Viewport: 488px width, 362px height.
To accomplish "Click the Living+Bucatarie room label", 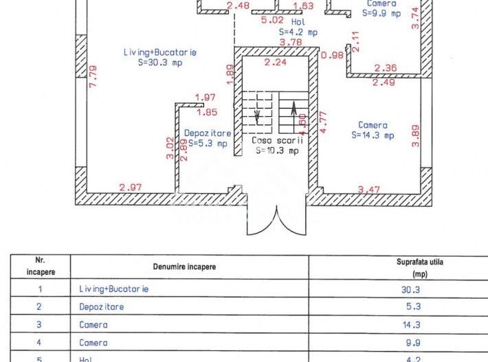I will click(160, 52).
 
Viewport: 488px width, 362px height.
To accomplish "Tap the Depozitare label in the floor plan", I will click(208, 133).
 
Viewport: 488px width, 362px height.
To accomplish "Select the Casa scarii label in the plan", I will click(279, 139).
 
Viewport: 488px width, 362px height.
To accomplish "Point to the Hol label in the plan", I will click(298, 21).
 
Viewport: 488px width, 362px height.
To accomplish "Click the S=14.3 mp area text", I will click(373, 135).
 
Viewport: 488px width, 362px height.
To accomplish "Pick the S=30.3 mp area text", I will click(160, 62).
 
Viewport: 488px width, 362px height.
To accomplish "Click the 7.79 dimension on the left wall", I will click(93, 77).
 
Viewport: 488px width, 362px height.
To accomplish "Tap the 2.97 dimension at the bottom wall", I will click(131, 187).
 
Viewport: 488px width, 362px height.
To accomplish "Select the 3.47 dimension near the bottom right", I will click(370, 188).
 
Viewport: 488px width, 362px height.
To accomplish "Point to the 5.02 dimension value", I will click(272, 21).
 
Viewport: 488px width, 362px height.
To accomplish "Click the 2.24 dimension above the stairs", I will click(276, 62).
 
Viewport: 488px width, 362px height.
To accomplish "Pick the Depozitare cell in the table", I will click(102, 307).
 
